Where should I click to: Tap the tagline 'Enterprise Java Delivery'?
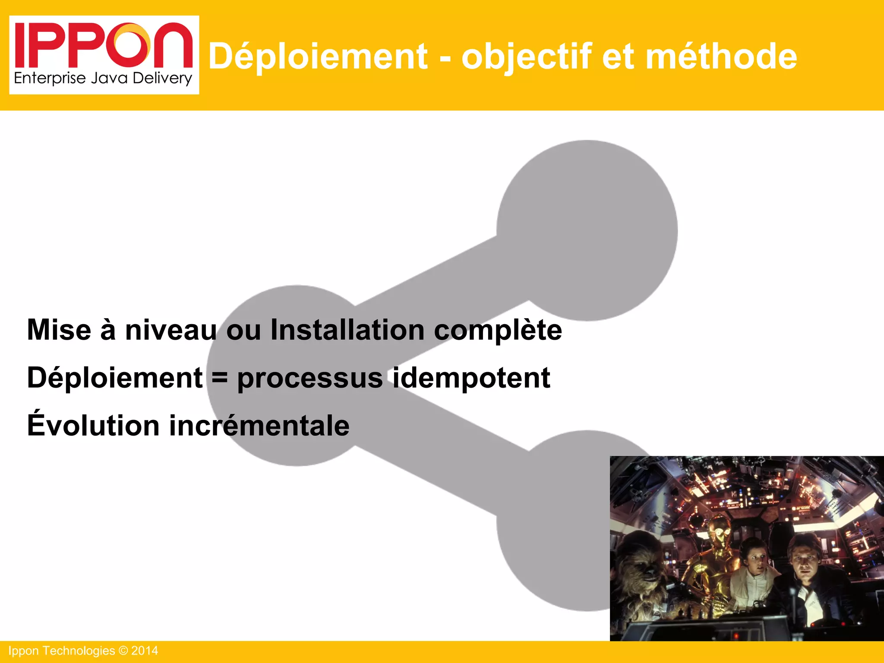103,78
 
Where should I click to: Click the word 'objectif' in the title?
526,57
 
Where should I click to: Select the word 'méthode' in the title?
721,57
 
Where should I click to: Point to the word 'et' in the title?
618,57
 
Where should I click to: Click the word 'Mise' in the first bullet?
59,330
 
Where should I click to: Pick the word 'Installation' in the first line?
347,330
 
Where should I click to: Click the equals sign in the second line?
220,378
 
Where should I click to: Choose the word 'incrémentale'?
259,426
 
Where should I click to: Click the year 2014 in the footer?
145,651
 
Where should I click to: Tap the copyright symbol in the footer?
123,651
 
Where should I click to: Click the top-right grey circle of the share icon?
587,230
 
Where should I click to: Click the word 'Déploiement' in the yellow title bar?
318,57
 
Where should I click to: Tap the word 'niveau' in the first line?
171,330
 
